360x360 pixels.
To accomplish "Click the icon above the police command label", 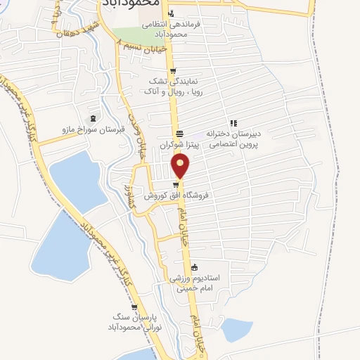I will [170, 13].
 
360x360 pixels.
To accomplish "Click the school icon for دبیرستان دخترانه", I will [233, 123].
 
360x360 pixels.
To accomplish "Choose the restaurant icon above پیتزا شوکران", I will [179, 134].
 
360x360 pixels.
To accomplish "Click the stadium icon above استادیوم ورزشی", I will [195, 266].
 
